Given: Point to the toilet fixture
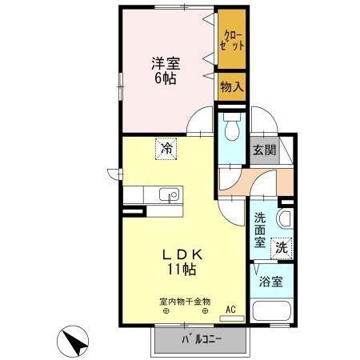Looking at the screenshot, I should (232, 128).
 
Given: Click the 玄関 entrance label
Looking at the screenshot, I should (264, 149).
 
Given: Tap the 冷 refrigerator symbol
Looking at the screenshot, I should (166, 149).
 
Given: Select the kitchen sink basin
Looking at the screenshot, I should (170, 195).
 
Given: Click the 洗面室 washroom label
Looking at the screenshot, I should (261, 230).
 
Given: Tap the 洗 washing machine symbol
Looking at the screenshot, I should (282, 248).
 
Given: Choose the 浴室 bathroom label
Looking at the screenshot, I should (270, 282).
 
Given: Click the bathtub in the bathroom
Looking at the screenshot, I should (270, 312).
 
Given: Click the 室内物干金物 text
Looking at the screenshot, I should (186, 302).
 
